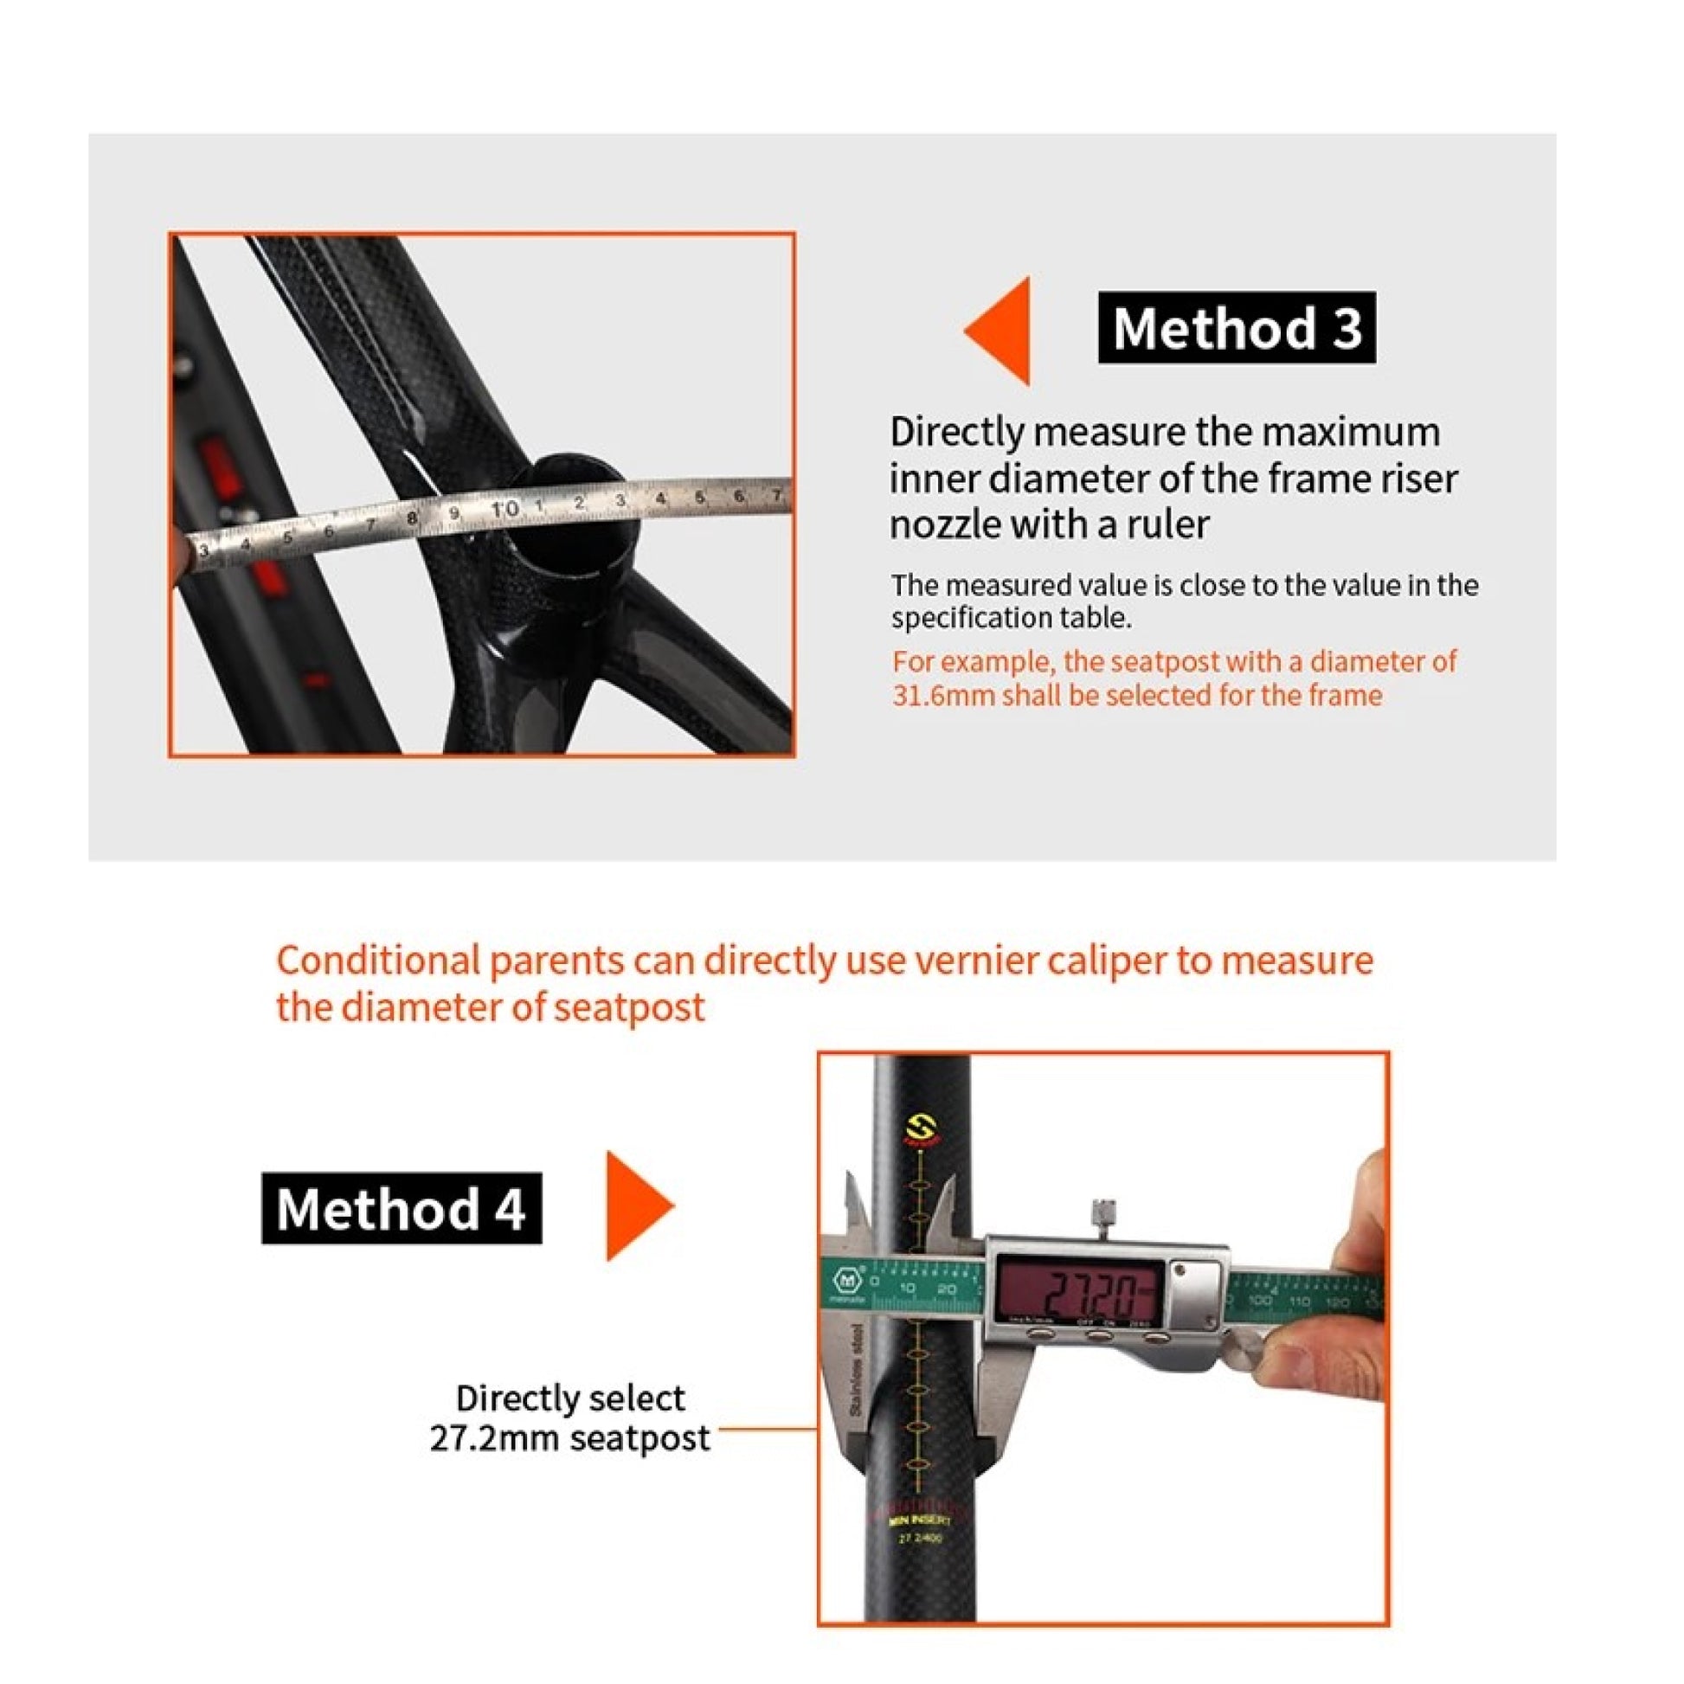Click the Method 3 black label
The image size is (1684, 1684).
click(1236, 328)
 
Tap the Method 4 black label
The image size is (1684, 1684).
click(401, 1208)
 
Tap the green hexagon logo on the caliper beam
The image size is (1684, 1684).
click(847, 1281)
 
